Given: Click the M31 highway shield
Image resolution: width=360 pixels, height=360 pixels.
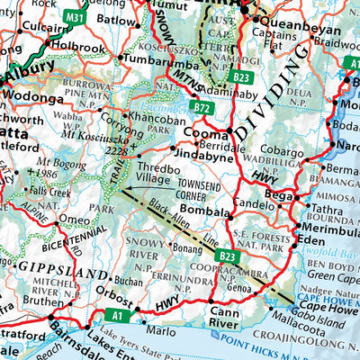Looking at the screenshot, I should coord(75,16).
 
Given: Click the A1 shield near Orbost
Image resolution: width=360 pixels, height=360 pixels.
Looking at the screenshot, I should coord(116,315).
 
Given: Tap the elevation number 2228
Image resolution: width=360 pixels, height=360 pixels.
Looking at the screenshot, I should coord(114,151).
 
